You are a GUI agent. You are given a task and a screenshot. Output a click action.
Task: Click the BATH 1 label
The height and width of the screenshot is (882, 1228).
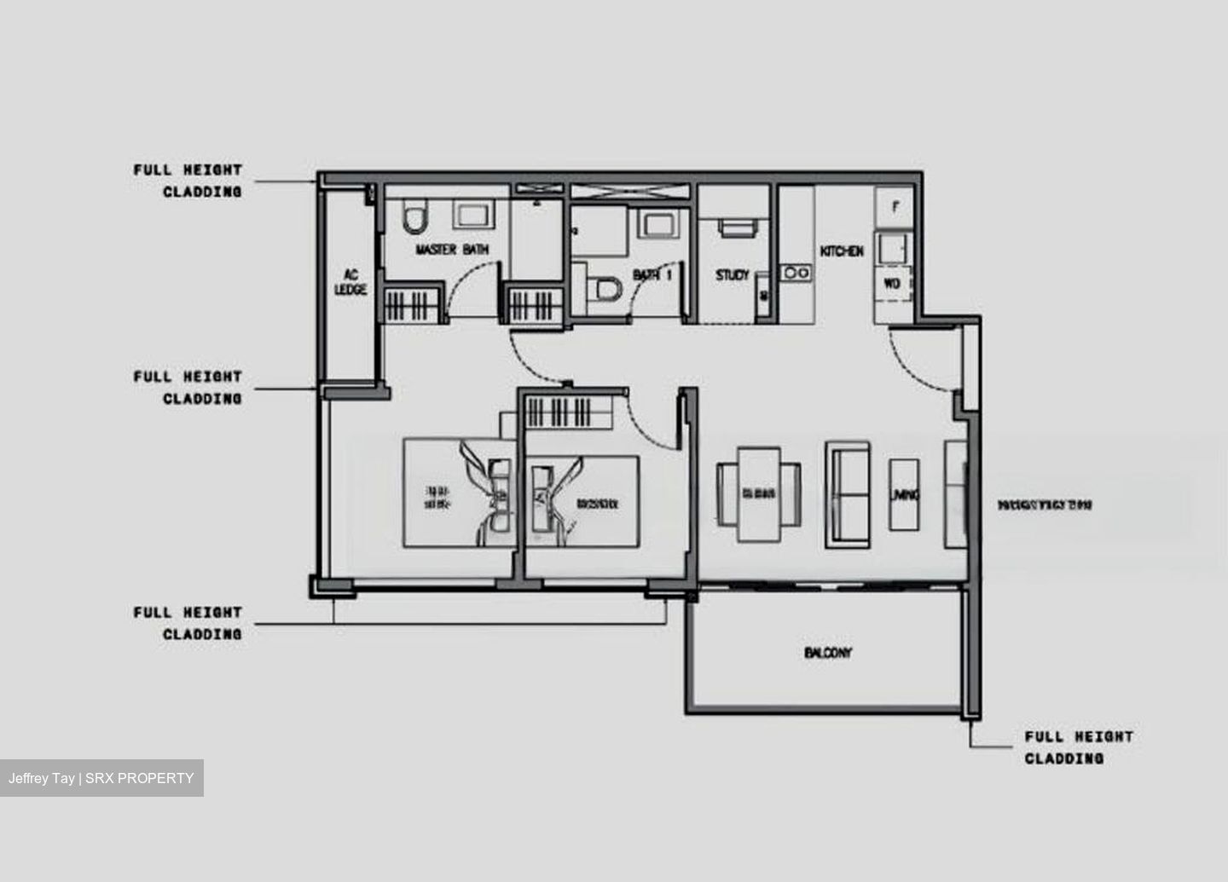652,275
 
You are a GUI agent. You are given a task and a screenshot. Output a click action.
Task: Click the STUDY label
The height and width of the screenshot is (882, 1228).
732,275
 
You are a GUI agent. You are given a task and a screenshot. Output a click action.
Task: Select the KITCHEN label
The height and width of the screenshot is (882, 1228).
842,251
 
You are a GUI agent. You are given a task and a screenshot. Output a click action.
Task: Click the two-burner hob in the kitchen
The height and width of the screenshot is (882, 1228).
797,273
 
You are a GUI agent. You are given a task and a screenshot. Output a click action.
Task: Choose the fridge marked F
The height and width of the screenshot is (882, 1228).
895,207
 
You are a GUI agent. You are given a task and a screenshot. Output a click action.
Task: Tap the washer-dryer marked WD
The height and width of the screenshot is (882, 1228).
892,284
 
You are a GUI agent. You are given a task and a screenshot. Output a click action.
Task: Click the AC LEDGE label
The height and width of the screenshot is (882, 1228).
350,282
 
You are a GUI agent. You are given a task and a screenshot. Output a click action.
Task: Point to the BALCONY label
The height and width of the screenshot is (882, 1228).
827,653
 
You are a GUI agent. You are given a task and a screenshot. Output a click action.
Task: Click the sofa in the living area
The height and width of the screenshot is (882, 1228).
848,495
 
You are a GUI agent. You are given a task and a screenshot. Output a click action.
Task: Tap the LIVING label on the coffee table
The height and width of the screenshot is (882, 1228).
904,495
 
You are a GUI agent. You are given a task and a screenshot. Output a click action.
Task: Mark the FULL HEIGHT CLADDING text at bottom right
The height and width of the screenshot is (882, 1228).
1078,747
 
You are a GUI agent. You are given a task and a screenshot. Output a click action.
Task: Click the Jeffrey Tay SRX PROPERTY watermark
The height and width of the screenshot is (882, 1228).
101,778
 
